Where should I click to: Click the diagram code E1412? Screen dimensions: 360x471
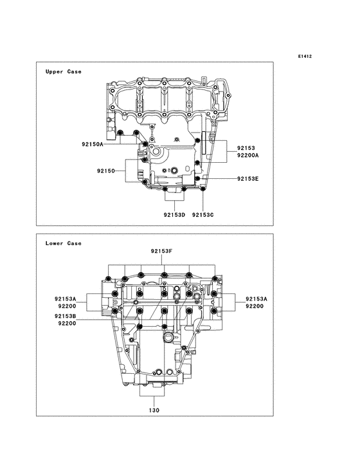pos(305,56)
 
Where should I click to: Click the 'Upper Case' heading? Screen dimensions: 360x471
pos(63,71)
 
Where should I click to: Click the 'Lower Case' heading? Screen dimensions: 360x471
pos(63,243)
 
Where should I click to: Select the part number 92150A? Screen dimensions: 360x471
pos(93,144)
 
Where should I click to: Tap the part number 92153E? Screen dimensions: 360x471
pos(248,179)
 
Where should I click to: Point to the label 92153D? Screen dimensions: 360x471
pos(174,215)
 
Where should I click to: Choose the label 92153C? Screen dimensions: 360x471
pos(203,215)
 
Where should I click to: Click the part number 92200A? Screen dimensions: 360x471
pos(248,155)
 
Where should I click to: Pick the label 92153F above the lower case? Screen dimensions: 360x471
pos(162,251)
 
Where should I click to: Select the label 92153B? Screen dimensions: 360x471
pos(66,316)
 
